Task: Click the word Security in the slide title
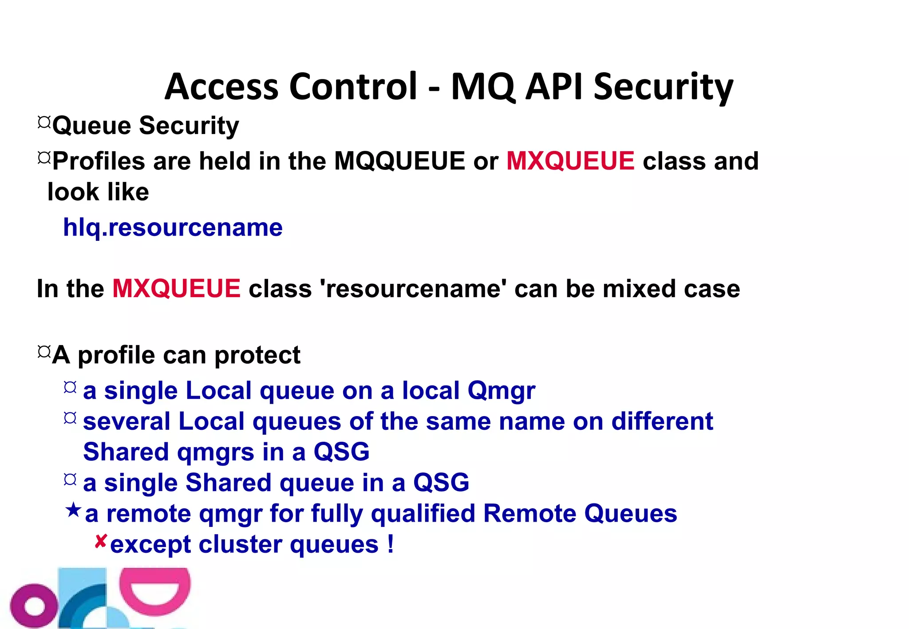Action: (x=663, y=87)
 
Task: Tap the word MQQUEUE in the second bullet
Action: (x=399, y=161)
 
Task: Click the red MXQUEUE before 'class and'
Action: (x=570, y=161)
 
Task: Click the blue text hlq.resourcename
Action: (x=173, y=228)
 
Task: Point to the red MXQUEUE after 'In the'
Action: (x=176, y=289)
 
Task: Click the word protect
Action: (x=257, y=355)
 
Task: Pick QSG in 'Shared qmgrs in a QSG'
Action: (x=341, y=452)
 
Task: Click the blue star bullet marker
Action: (x=73, y=510)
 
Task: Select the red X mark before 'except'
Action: (x=101, y=541)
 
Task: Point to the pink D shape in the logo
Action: (x=155, y=590)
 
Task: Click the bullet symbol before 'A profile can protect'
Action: (x=44, y=352)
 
